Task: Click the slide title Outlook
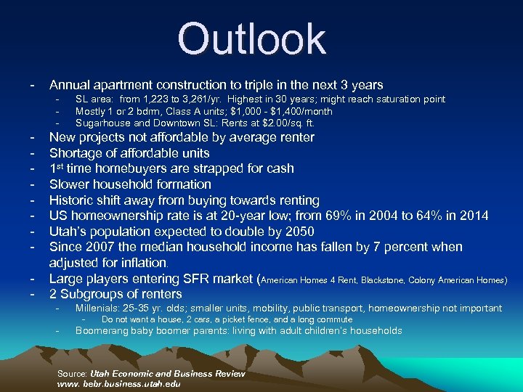pos(252,39)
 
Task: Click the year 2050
pos(296,232)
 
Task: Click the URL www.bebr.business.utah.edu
pos(118,383)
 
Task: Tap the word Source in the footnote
pos(71,373)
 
